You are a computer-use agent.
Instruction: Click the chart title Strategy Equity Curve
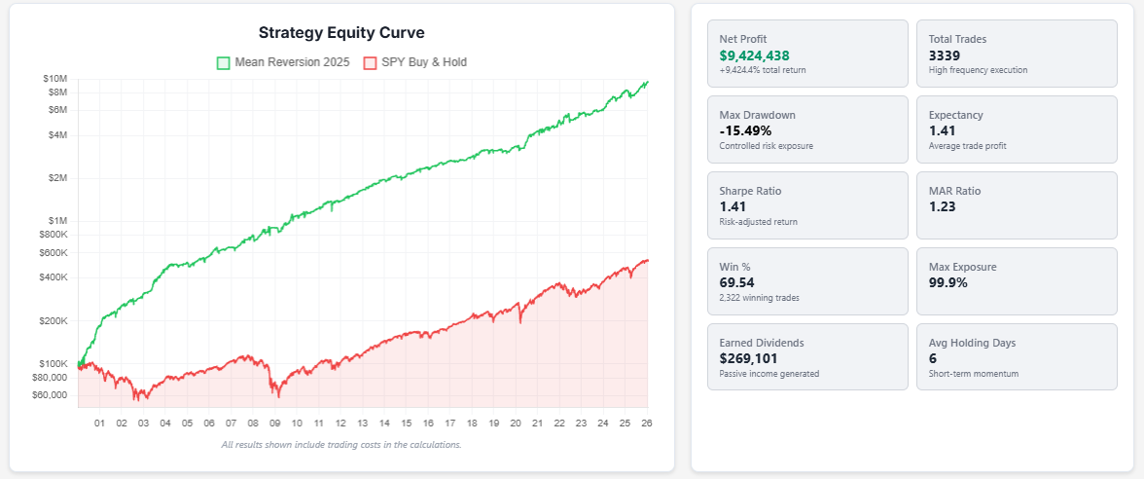pos(341,33)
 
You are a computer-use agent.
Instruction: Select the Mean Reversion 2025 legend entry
pos(282,62)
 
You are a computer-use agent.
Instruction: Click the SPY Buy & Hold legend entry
pos(414,62)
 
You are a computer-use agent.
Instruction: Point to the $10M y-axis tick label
pos(54,78)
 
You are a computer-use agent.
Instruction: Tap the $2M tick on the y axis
pos(57,178)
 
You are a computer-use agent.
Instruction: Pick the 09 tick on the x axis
pos(274,424)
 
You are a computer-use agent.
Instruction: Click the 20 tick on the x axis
pos(516,424)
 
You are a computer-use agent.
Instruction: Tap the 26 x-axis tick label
pos(647,424)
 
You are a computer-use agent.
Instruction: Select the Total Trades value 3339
pos(945,55)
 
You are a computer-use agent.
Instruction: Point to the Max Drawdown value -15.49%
pos(745,130)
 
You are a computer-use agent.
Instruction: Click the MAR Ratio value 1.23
pos(942,206)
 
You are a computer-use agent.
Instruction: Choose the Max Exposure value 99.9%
pos(948,282)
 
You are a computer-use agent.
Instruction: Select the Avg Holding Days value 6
pos(933,358)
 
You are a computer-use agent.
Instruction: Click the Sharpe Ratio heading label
pos(750,191)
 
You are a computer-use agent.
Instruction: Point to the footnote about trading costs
pos(341,445)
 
